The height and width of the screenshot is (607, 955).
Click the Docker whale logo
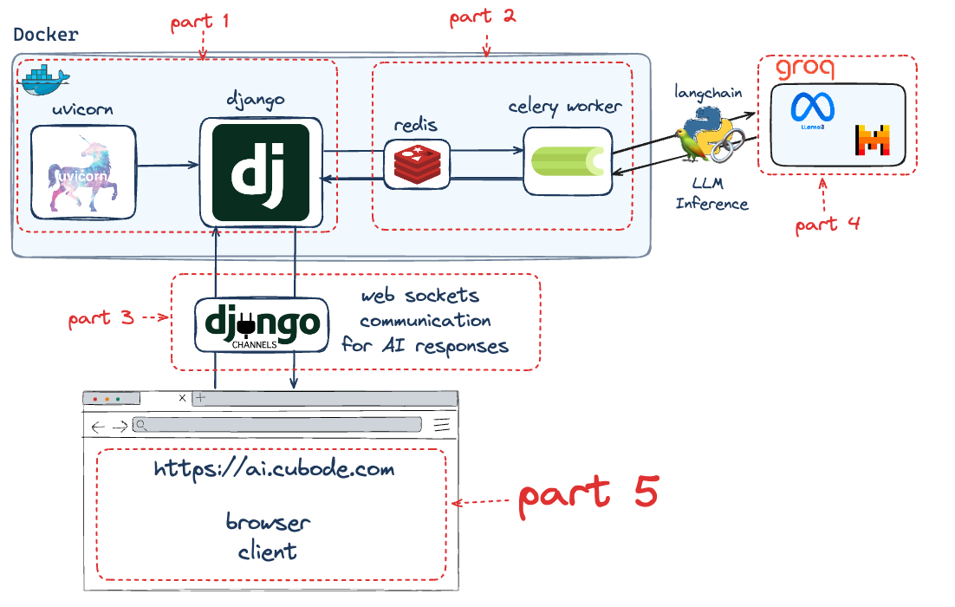click(x=46, y=80)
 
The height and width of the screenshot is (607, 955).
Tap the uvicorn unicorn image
click(x=83, y=173)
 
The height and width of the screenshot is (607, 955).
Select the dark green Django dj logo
click(x=261, y=173)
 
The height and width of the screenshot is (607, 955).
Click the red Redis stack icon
click(x=417, y=165)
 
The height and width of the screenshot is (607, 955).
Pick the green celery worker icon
click(x=568, y=161)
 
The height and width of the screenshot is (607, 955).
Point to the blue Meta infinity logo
click(x=813, y=108)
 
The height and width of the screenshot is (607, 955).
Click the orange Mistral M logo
click(x=873, y=140)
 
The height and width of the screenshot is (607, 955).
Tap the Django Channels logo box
click(x=262, y=325)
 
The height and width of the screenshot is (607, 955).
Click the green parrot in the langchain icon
click(x=692, y=146)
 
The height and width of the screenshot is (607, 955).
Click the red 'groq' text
click(x=805, y=67)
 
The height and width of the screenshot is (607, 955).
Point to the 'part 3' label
click(x=101, y=319)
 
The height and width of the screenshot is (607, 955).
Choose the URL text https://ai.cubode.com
click(x=274, y=469)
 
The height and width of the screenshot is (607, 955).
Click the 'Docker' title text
click(x=46, y=34)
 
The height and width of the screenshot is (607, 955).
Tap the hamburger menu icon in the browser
click(x=442, y=425)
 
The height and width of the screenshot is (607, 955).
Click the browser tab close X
click(x=182, y=398)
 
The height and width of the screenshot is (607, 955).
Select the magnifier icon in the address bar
click(x=140, y=425)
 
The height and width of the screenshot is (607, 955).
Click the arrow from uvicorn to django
click(x=168, y=165)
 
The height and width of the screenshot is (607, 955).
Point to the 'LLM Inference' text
click(x=711, y=193)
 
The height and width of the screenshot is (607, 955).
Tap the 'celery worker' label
click(x=565, y=107)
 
